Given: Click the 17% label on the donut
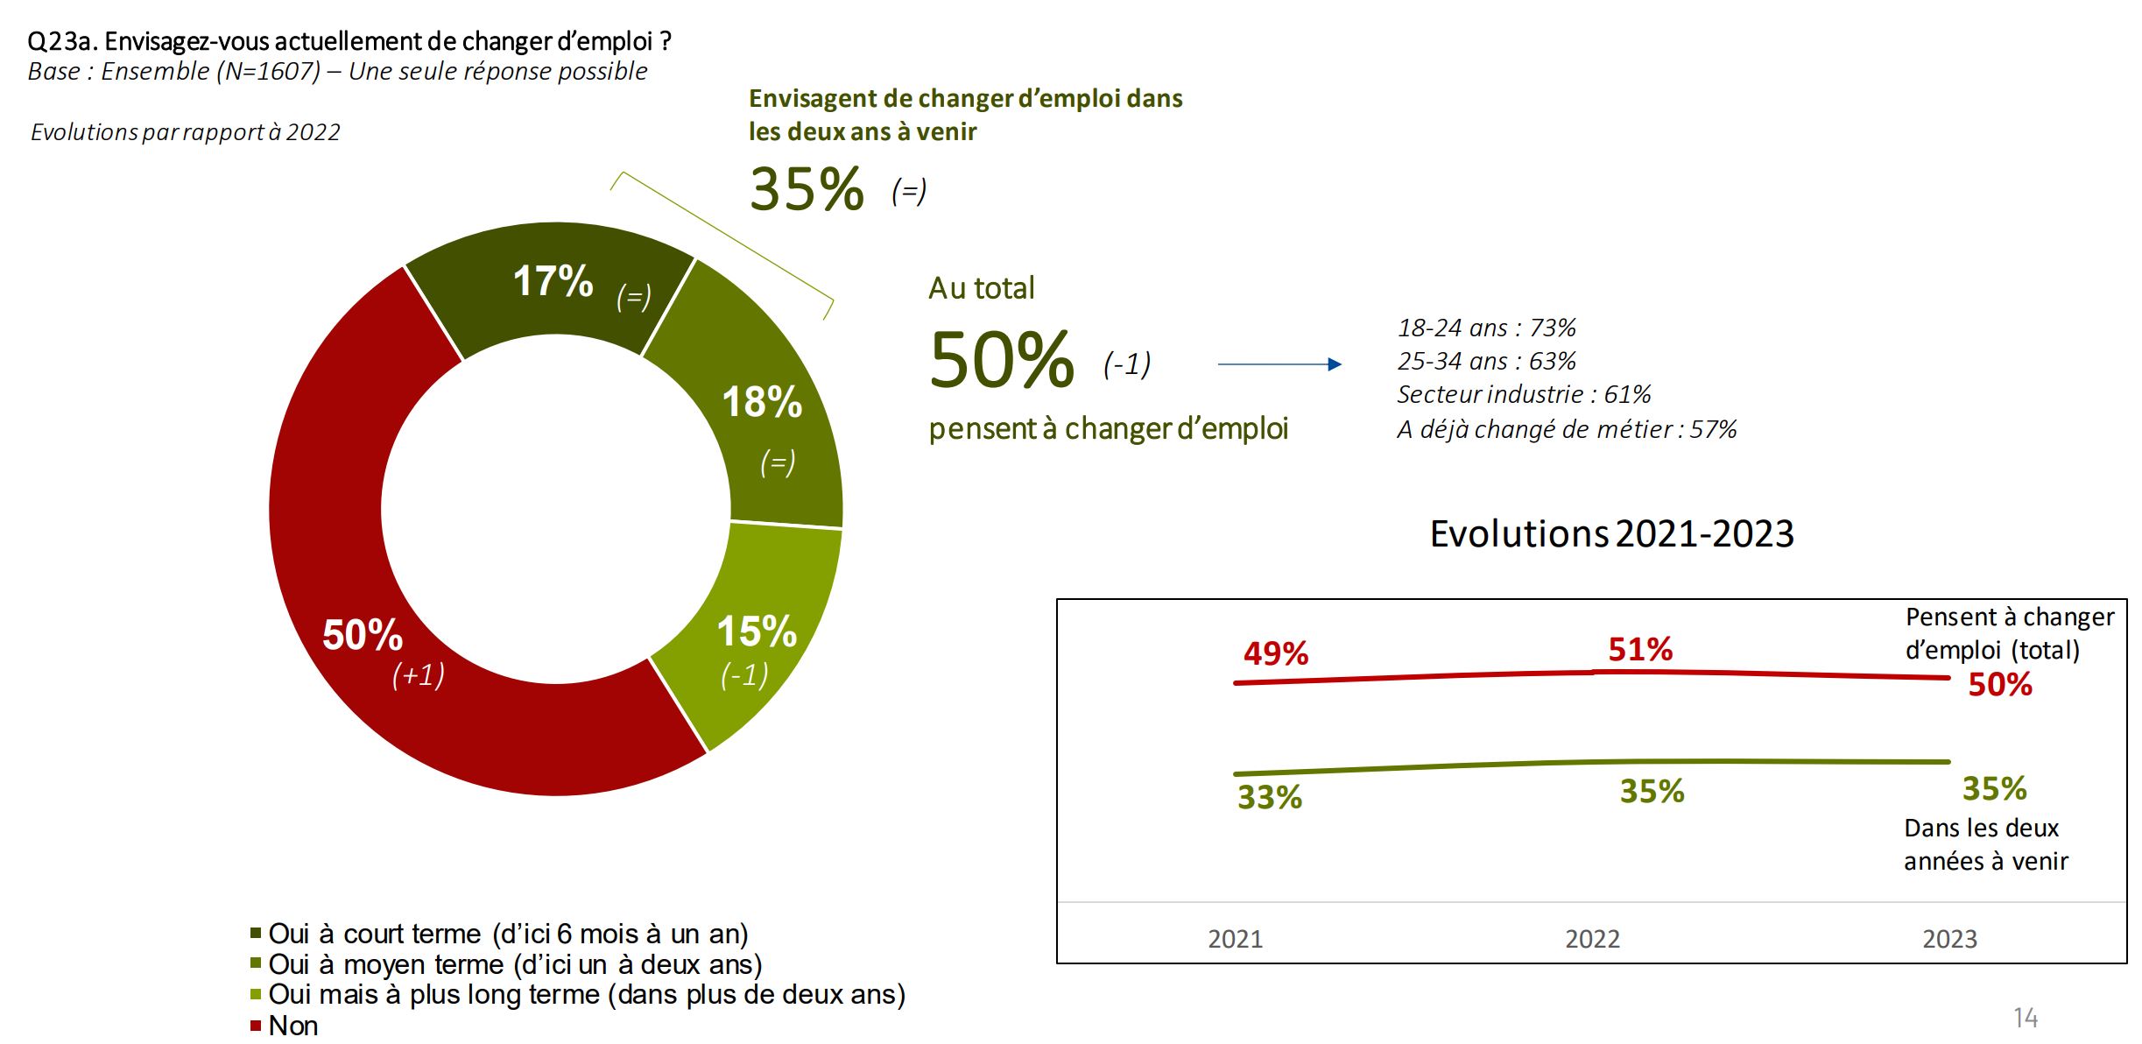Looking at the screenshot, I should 553,282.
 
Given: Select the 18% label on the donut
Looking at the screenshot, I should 762,403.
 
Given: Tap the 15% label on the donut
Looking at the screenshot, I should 757,631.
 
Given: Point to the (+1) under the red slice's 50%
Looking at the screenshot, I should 418,674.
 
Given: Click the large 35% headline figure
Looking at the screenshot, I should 807,189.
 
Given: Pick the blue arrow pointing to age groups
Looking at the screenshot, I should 1279,364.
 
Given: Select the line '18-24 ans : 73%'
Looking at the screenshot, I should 1486,328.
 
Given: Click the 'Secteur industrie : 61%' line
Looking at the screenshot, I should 1524,395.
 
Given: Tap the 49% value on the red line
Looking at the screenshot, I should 1276,653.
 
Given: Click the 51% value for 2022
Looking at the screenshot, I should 1640,650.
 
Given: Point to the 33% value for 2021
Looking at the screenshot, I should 1270,797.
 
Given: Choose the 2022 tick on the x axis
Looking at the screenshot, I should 1592,939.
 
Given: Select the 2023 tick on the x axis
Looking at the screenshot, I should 1949,939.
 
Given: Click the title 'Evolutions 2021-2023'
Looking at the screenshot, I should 1611,534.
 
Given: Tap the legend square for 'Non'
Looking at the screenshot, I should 256,1025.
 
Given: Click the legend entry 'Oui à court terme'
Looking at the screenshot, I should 508,934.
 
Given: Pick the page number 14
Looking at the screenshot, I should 2026,1018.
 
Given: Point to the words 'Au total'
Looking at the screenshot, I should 981,288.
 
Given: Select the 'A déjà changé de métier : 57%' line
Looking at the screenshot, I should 1566,430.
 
